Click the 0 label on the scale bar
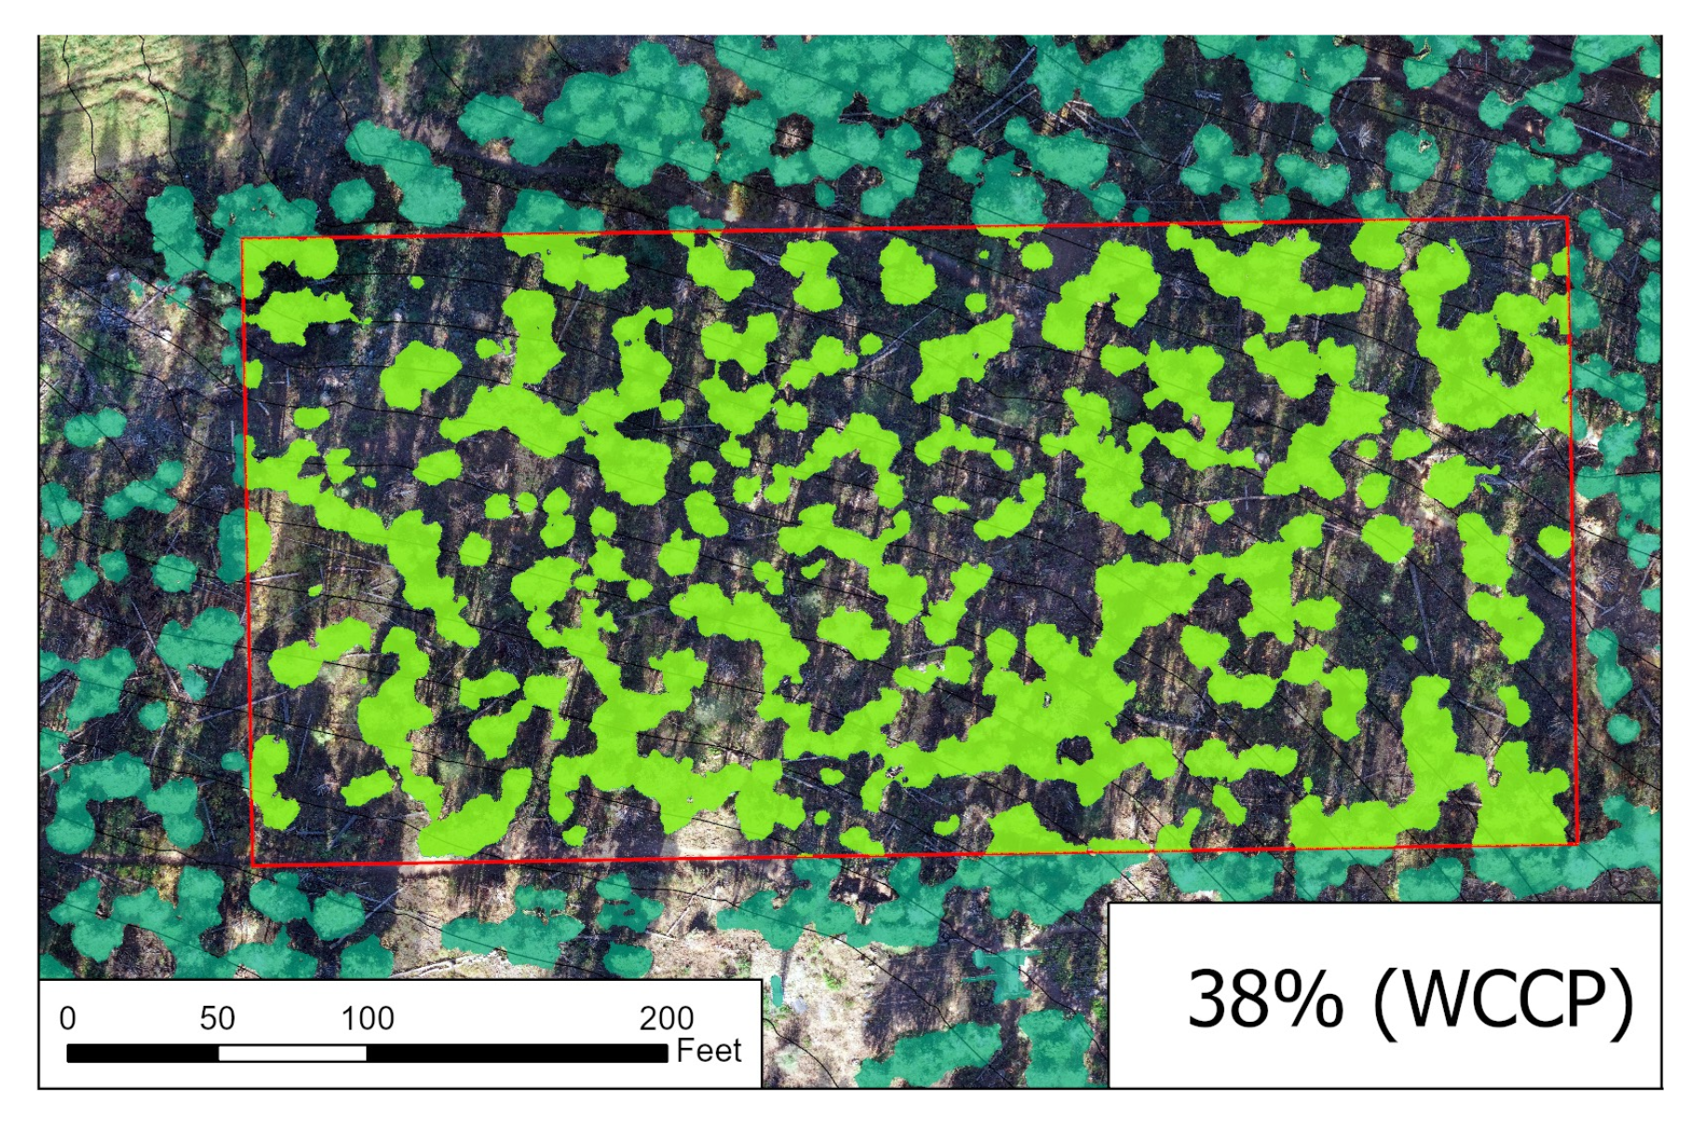(67, 1018)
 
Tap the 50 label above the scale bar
(217, 1018)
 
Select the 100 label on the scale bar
(367, 1018)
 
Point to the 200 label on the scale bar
(666, 1018)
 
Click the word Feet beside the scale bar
(708, 1051)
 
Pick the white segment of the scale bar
(292, 1053)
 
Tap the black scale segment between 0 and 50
(142, 1053)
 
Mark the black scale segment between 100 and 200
(517, 1053)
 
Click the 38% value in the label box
(1265, 999)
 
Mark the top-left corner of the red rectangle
(243, 239)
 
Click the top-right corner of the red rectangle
(1568, 218)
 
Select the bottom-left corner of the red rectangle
(253, 865)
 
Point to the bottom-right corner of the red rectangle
(1577, 844)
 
